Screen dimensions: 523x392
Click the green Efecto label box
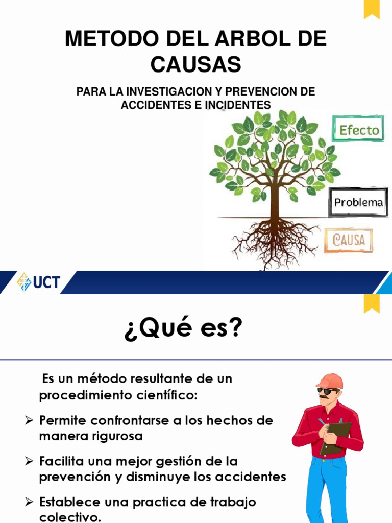[359, 130]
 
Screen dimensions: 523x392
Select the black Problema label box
[358, 202]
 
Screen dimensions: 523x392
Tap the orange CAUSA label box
[349, 240]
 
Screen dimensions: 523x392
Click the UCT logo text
[46, 282]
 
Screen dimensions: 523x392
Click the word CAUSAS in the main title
[195, 64]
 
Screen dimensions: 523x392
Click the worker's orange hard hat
[329, 381]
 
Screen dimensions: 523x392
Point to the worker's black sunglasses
[329, 391]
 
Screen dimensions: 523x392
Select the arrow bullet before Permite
[30, 420]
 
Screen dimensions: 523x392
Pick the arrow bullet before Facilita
[30, 461]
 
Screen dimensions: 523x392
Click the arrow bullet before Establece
[30, 502]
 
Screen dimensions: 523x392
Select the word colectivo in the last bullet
[69, 516]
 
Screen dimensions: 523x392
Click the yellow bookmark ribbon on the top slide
[372, 9]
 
